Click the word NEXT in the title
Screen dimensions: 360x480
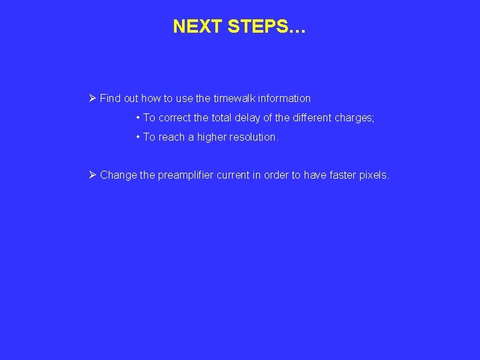click(x=197, y=27)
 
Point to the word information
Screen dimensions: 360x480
click(x=285, y=99)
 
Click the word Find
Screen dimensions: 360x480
click(x=110, y=99)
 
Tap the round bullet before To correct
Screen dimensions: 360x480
click(x=137, y=118)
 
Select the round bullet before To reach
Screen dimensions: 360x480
click(x=137, y=137)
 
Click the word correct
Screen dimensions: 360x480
click(x=175, y=118)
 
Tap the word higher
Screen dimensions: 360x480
click(x=211, y=137)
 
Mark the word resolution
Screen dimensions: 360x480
click(x=254, y=137)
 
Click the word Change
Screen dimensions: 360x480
click(x=119, y=175)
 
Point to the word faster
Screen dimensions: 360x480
click(x=343, y=175)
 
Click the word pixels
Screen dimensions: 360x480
click(x=375, y=175)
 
